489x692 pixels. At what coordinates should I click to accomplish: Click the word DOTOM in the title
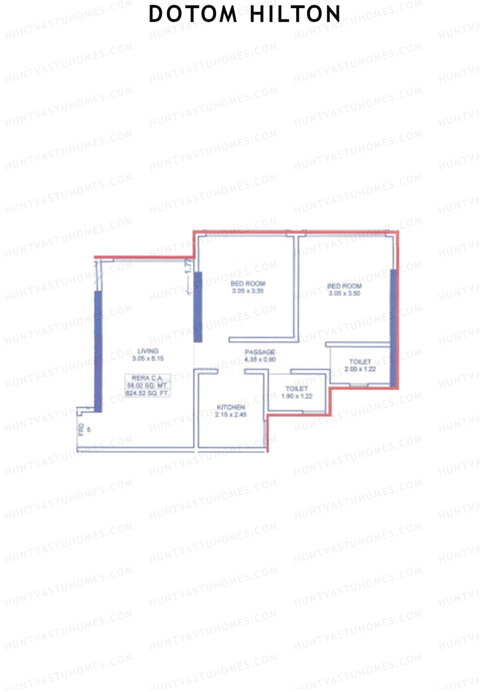[x=193, y=14]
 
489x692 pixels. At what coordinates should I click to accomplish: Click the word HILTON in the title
[x=295, y=14]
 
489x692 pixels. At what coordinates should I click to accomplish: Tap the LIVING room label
[x=148, y=351]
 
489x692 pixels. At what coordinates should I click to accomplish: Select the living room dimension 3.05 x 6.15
[x=148, y=358]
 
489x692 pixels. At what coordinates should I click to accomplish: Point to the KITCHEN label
[x=231, y=407]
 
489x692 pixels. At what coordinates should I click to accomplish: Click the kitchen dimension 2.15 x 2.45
[x=231, y=415]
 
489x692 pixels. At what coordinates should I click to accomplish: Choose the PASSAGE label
[x=260, y=352]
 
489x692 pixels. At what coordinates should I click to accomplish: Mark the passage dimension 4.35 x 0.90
[x=260, y=359]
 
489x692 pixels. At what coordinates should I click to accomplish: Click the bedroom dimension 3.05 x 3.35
[x=248, y=291]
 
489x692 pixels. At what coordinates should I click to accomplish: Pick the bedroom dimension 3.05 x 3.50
[x=344, y=293]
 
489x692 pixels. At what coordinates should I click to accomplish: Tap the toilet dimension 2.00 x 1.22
[x=360, y=369]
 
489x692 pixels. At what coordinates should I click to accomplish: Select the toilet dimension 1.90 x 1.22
[x=297, y=396]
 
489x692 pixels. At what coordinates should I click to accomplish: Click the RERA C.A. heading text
[x=147, y=378]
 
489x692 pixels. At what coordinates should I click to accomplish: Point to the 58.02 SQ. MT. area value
[x=147, y=385]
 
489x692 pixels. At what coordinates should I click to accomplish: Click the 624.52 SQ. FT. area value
[x=147, y=393]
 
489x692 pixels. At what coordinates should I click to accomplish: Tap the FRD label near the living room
[x=81, y=429]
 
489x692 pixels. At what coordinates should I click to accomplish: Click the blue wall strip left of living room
[x=98, y=351]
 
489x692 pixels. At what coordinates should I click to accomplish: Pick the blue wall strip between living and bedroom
[x=198, y=307]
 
